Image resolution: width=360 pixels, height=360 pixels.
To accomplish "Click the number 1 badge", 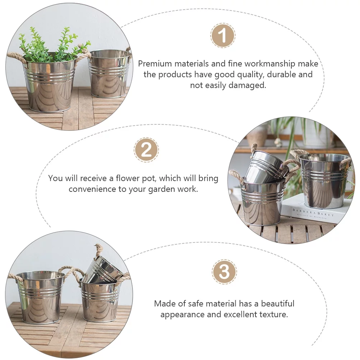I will click(x=223, y=36).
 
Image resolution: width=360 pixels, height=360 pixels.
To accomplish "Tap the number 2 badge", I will click(x=146, y=149).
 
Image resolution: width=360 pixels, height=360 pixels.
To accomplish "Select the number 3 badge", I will click(x=224, y=272).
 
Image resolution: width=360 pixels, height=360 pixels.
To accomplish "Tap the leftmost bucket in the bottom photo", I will click(x=40, y=296).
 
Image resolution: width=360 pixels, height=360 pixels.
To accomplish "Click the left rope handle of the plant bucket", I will click(x=16, y=57).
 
